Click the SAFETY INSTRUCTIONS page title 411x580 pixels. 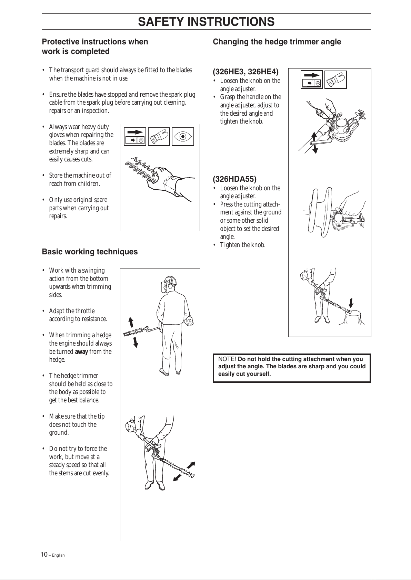206,22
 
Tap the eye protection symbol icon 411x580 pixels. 183,136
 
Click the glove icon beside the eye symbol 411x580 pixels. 159,136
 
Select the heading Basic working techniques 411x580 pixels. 90,252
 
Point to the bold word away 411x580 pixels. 81,352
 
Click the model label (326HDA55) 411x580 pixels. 235,179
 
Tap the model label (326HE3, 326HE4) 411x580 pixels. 245,72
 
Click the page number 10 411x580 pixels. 44,555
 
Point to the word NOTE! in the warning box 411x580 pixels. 227,359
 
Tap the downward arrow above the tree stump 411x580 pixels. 351,303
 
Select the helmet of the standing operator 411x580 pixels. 170,281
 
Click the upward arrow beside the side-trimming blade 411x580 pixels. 131,322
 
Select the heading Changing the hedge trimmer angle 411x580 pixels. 277,42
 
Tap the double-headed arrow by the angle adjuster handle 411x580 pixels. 314,143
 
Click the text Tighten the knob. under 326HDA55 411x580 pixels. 243,245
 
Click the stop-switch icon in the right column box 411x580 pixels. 311,80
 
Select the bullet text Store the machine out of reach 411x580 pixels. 80,179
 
